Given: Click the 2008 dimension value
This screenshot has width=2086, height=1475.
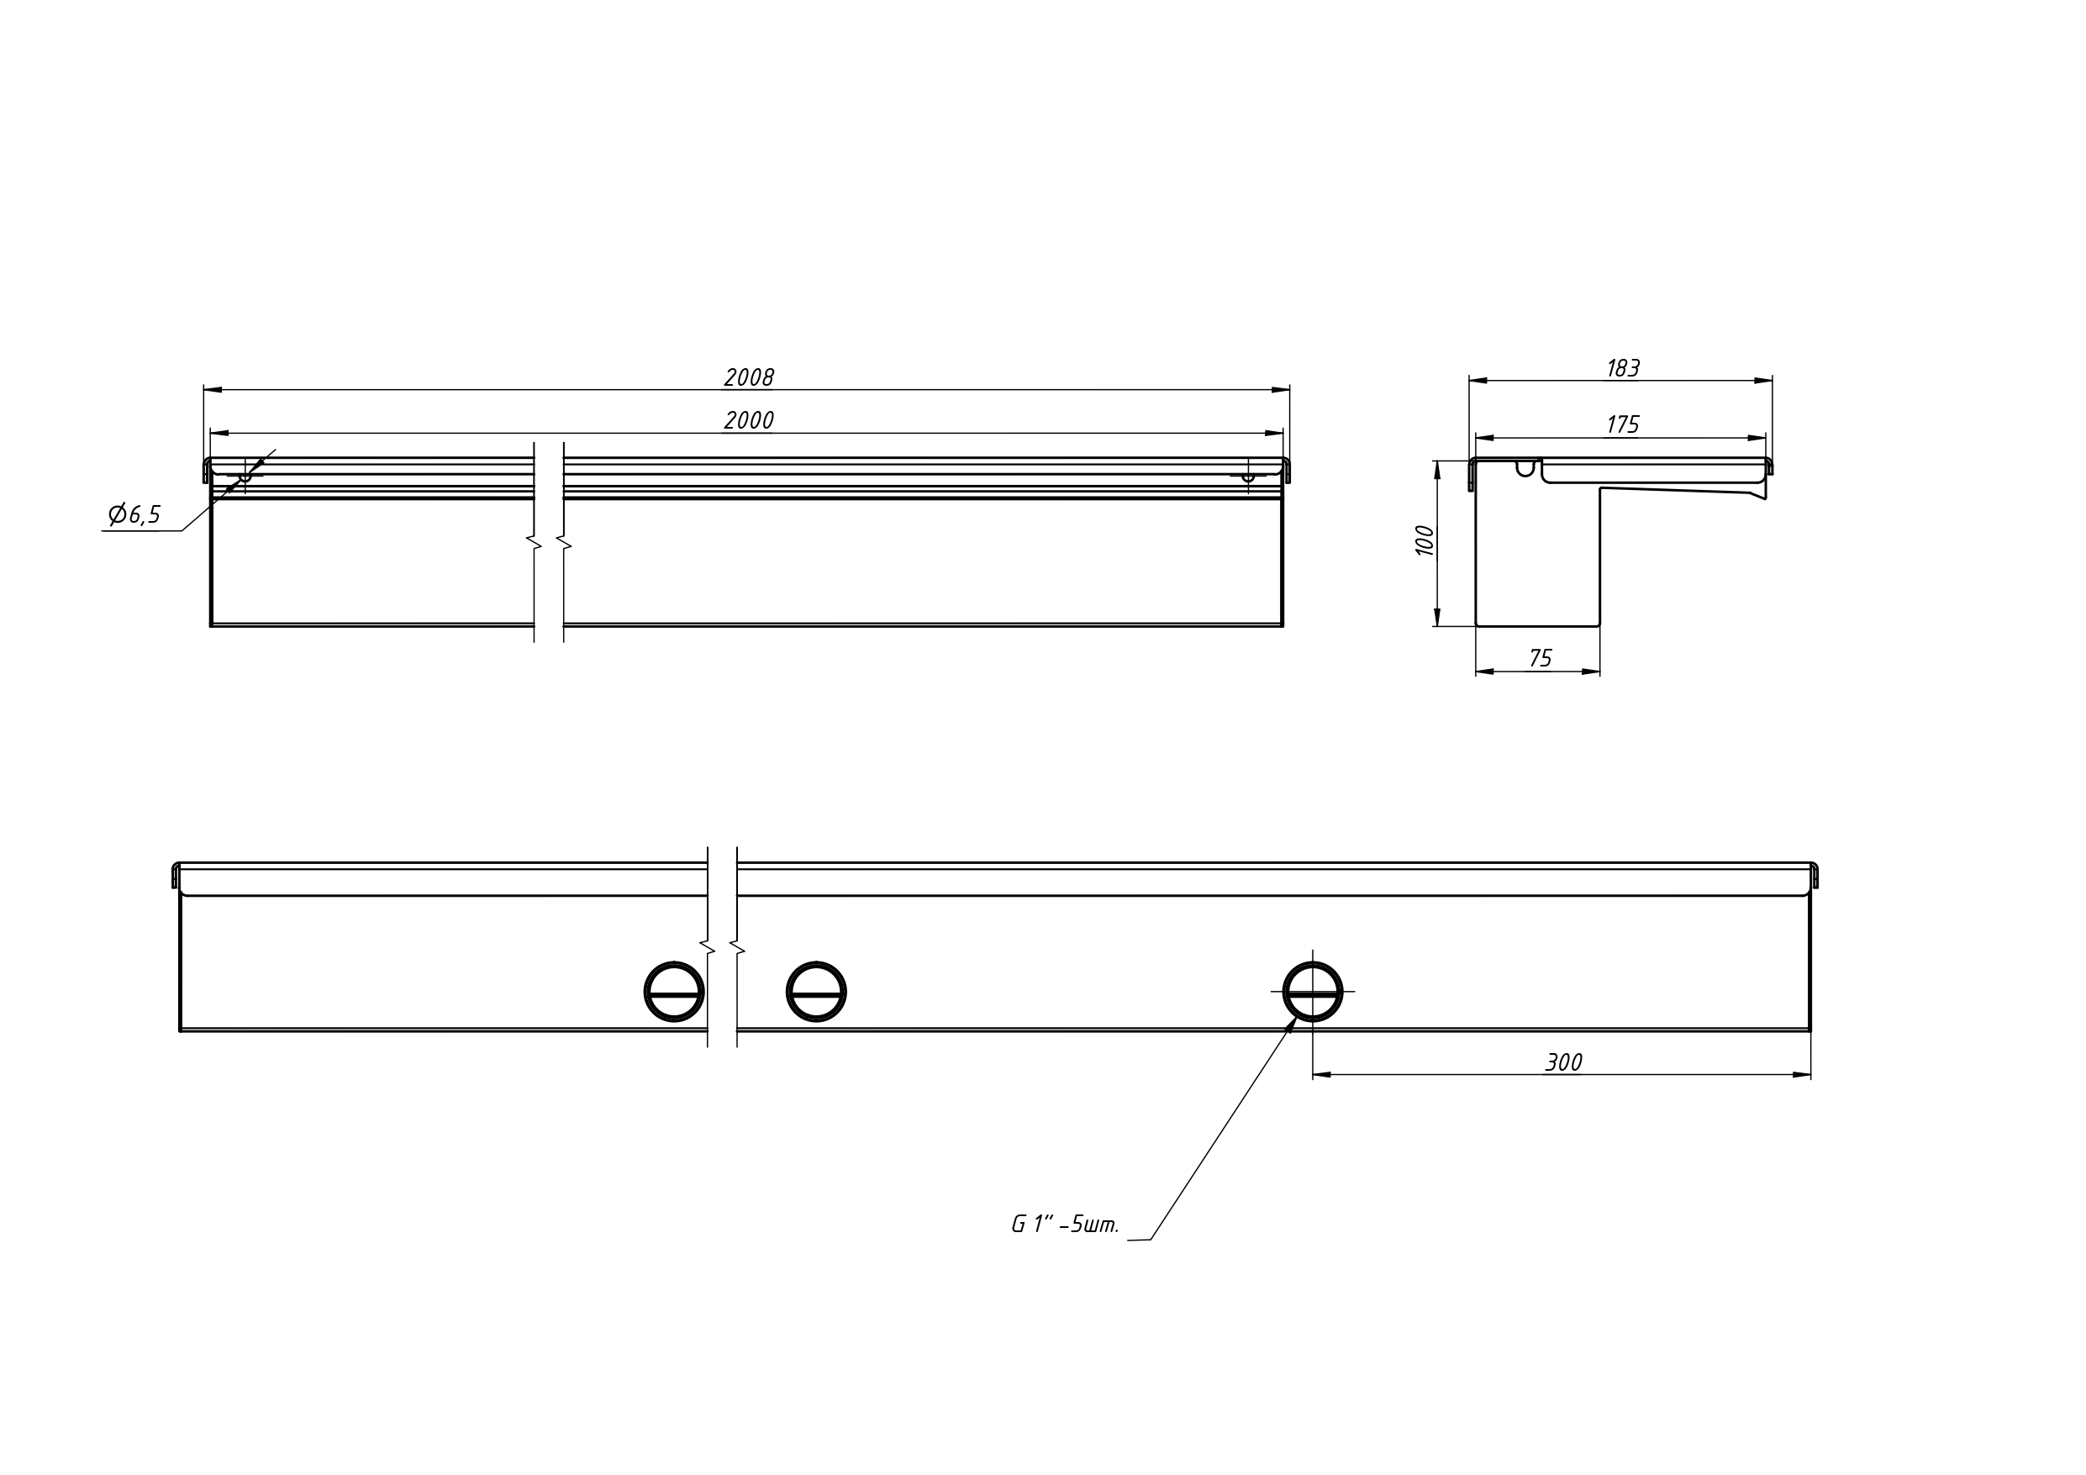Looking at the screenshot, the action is (749, 377).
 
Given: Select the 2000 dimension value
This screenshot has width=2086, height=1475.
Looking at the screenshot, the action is (749, 421).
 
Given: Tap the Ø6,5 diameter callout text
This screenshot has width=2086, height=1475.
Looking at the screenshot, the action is (134, 515).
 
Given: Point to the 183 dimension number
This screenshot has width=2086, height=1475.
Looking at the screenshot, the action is (1623, 369).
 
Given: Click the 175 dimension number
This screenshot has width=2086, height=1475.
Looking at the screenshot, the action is (1623, 425).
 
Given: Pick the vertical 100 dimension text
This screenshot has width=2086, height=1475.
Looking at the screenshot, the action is (1425, 540).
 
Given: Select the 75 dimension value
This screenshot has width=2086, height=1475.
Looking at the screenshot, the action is (1541, 658).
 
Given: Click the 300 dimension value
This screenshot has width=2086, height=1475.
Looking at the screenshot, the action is (1563, 1062).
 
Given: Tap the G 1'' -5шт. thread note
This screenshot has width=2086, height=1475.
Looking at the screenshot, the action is (1066, 1225).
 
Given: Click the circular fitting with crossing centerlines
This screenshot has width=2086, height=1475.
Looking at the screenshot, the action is (1313, 993).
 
